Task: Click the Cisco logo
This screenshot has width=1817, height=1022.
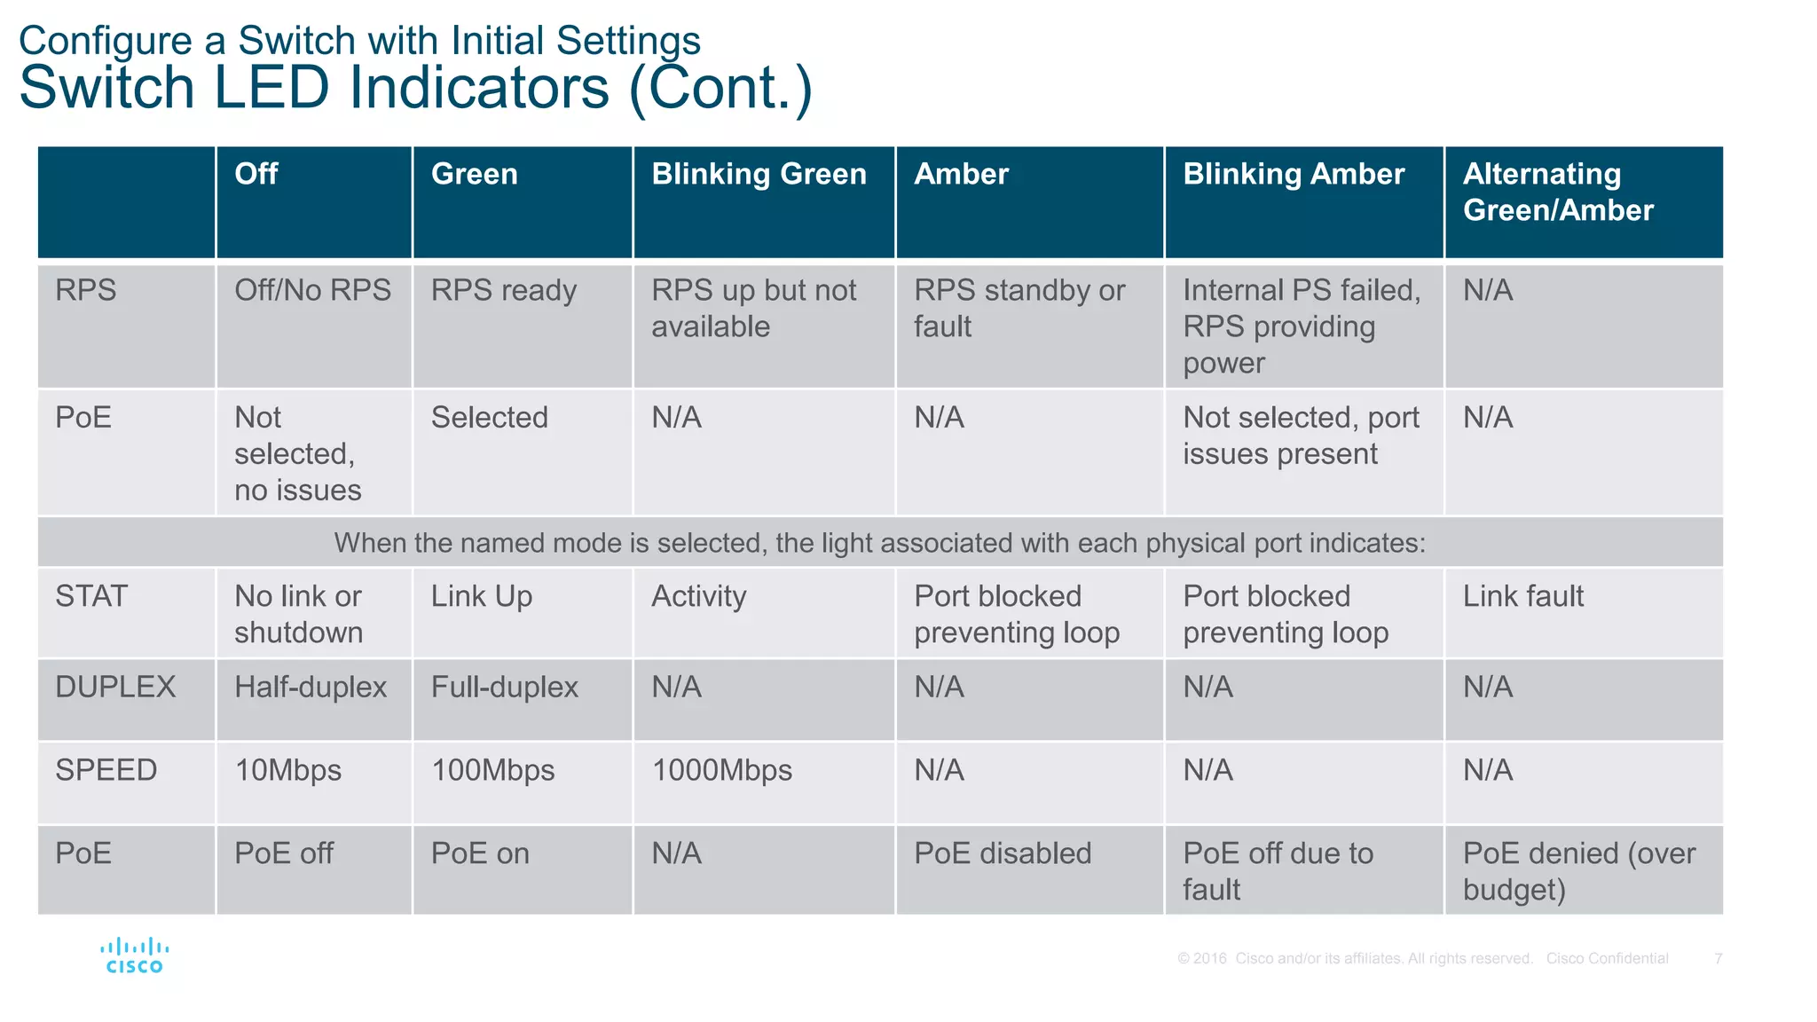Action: click(134, 955)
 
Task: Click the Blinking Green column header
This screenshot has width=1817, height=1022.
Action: click(759, 174)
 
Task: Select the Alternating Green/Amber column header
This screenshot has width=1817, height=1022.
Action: click(1558, 192)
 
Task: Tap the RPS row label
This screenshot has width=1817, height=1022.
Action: click(86, 290)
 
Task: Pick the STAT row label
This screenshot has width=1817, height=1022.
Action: click(91, 596)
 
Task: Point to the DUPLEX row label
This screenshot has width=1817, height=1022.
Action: click(115, 687)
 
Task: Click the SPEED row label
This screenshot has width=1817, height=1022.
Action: click(106, 770)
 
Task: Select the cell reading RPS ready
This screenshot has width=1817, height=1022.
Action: click(503, 290)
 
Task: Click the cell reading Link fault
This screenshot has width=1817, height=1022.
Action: click(1522, 596)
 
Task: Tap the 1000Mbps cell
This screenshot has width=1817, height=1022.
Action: click(721, 770)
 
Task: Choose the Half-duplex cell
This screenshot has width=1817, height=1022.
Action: click(311, 687)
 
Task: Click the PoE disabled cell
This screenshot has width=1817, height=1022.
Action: click(1003, 853)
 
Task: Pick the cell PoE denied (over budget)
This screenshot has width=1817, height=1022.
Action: click(1578, 871)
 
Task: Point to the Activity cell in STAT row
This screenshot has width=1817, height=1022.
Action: click(699, 596)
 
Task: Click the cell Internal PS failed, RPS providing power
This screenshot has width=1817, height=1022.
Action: click(1301, 326)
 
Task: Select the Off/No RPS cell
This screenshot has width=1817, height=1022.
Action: click(312, 290)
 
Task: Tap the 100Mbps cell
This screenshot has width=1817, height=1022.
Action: click(492, 770)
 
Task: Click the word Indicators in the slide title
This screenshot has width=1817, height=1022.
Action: click(479, 88)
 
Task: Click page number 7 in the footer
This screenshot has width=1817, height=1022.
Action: click(1719, 958)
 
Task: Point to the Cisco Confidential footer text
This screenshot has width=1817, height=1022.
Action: click(1607, 958)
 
